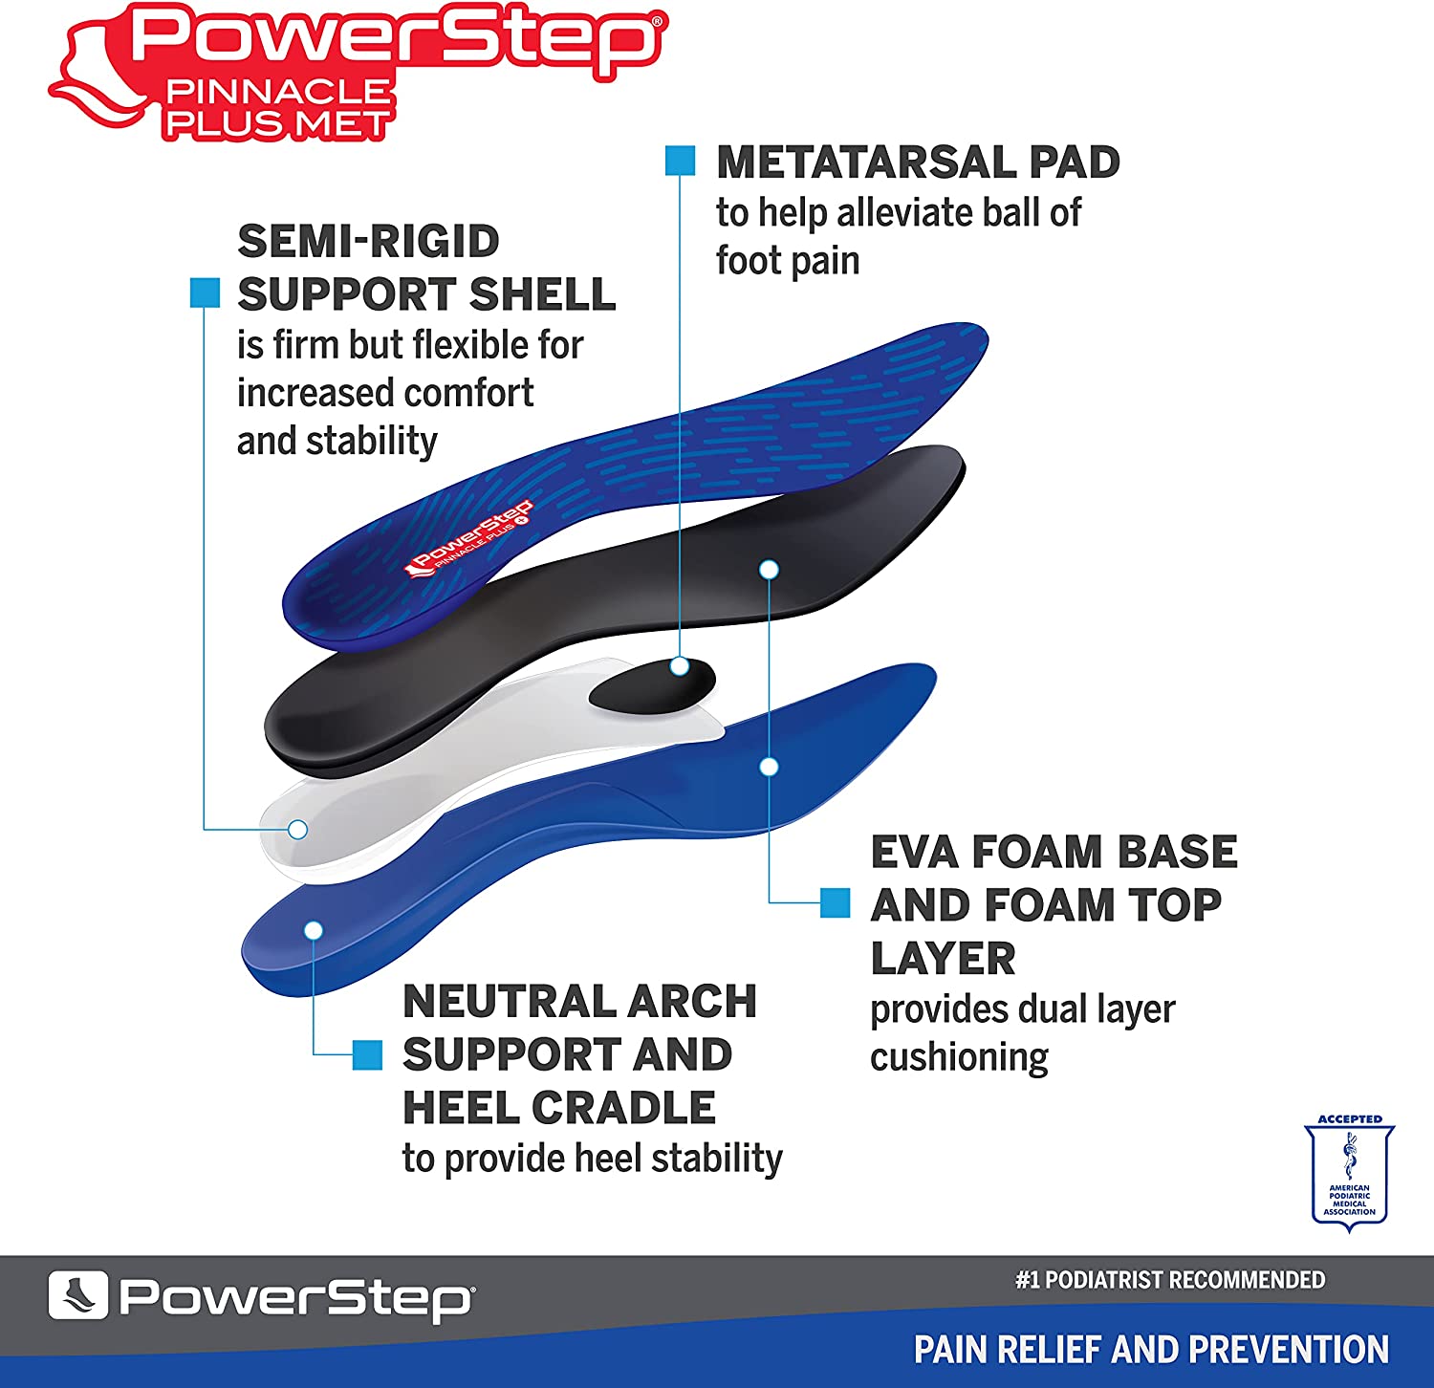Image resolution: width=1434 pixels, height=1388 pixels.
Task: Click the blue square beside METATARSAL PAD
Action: click(680, 161)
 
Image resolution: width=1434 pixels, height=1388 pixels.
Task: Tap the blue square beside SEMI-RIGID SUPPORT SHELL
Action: click(206, 293)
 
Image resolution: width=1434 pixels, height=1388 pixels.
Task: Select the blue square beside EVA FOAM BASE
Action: click(836, 902)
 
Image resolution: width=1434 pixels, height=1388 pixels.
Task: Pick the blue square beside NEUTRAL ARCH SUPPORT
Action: click(368, 1054)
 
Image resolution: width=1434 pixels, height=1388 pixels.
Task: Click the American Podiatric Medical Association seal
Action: click(1349, 1172)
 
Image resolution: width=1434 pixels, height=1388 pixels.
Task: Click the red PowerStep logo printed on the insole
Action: click(469, 541)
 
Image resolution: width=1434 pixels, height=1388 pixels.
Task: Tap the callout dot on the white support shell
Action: click(297, 829)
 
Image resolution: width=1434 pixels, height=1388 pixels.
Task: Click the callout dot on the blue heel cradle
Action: click(314, 930)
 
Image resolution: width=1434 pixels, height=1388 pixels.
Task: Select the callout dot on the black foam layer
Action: click(769, 570)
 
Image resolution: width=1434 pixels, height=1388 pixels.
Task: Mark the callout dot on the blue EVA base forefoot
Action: click(769, 767)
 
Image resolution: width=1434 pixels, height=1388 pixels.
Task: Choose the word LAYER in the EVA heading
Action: click(943, 958)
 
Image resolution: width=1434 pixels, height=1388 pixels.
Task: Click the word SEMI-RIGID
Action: click(368, 241)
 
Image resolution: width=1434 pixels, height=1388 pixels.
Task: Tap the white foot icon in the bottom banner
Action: click(77, 1296)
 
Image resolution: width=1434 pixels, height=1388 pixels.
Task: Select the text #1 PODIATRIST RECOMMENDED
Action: click(1169, 1280)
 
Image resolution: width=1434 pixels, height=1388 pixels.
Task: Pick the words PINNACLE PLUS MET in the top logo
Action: click(277, 108)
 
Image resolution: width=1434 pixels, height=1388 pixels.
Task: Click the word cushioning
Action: click(959, 1057)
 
